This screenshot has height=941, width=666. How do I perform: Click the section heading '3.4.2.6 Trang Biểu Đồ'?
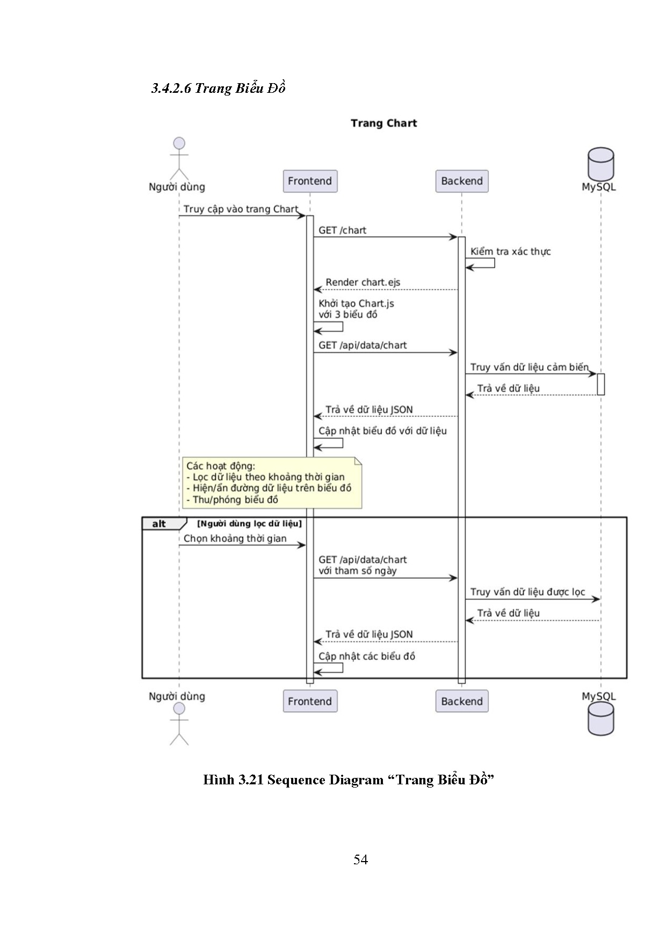click(x=218, y=89)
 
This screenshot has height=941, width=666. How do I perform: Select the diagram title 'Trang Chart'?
click(x=383, y=123)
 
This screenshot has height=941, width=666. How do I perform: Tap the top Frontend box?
click(x=310, y=181)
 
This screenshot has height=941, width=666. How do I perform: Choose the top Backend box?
click(x=462, y=181)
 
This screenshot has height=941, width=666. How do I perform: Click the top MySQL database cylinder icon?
click(x=600, y=164)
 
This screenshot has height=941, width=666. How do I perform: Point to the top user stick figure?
click(x=179, y=158)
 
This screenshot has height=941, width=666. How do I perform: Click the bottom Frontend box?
click(x=310, y=701)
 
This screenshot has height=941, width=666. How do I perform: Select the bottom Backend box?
click(x=462, y=701)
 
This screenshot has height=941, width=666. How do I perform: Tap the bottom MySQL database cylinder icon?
click(x=600, y=719)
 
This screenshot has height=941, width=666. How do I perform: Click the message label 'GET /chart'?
click(x=342, y=231)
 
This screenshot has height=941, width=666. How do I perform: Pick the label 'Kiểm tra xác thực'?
click(x=510, y=252)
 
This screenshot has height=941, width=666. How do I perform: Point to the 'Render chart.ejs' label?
click(x=363, y=282)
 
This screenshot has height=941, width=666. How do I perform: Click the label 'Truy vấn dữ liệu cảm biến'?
click(x=529, y=367)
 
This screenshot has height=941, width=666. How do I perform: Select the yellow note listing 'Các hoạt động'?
click(x=272, y=483)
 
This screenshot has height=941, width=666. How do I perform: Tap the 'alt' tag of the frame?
click(x=160, y=524)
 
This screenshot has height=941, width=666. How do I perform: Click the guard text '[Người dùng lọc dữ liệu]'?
click(x=249, y=524)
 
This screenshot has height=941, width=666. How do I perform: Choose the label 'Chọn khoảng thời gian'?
click(x=235, y=539)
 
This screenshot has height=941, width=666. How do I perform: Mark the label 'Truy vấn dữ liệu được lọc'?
click(x=527, y=592)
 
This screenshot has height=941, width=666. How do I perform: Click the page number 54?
click(x=360, y=860)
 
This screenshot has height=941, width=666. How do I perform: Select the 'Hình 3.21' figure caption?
click(x=348, y=780)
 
